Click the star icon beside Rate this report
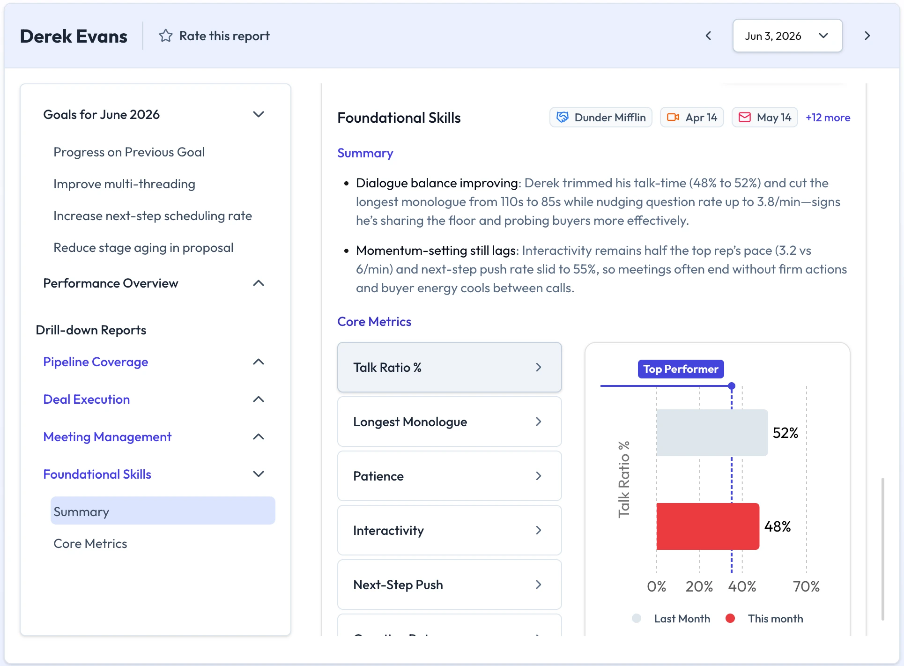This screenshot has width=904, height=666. coord(166,36)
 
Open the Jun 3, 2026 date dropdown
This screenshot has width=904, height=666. coord(787,36)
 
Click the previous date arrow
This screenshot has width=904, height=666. coord(708,36)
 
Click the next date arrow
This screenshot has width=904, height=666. coord(867,36)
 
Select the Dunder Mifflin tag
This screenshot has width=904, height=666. coord(601,118)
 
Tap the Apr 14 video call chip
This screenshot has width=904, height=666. coord(692,118)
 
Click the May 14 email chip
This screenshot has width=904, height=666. coord(764,118)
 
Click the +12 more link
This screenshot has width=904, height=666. coord(828,118)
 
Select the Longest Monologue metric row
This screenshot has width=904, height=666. coord(449,422)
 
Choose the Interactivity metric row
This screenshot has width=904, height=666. coord(449,530)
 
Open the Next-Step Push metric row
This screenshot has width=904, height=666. coord(449,585)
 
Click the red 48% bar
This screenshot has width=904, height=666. coord(708,526)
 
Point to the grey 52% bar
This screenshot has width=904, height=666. coord(712,433)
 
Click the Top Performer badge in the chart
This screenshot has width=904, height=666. coord(681,369)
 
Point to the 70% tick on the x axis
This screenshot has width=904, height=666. coord(806,586)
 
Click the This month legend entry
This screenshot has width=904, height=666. coord(764,619)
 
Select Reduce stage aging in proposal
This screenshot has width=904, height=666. coord(143,248)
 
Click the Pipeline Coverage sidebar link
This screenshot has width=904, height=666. coord(96,362)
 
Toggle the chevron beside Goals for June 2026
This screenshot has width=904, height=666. coord(259,114)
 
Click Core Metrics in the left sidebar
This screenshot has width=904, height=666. coord(90,544)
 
